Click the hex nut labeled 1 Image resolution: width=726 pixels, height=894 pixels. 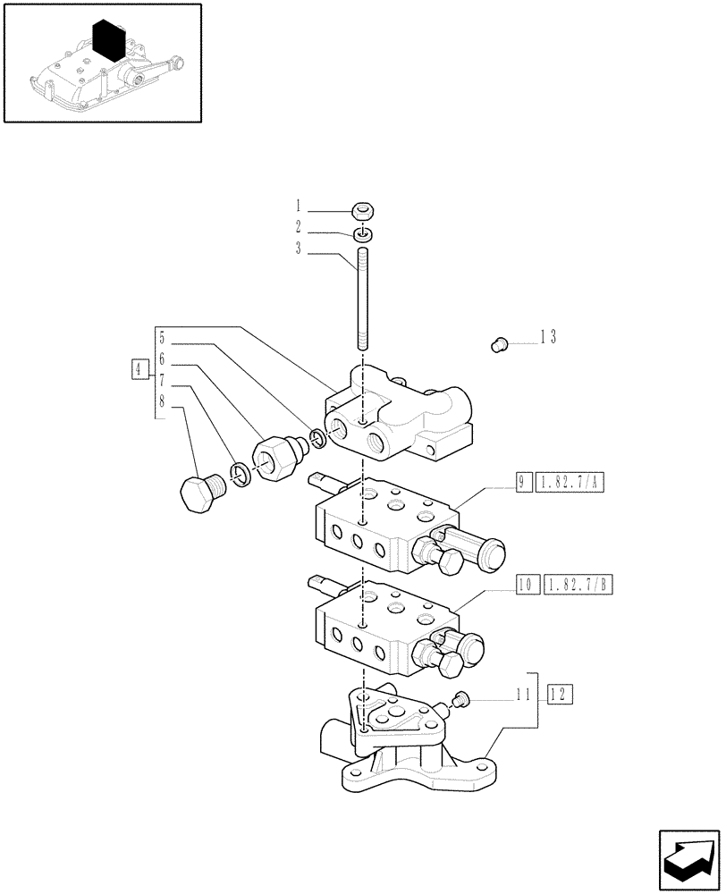[362, 212]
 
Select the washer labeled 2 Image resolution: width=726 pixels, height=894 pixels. [362, 234]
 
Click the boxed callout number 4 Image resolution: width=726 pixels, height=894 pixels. [138, 368]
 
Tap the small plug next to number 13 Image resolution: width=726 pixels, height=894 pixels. [501, 342]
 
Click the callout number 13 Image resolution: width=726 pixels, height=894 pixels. [547, 337]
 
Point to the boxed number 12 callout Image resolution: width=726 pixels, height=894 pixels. [560, 693]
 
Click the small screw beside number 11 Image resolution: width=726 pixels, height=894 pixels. [462, 698]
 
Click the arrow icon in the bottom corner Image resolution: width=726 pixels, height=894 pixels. [688, 857]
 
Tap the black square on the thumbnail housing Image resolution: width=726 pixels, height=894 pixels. [108, 39]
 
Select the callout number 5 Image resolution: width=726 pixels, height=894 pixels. [161, 339]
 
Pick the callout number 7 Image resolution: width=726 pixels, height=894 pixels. [161, 383]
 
